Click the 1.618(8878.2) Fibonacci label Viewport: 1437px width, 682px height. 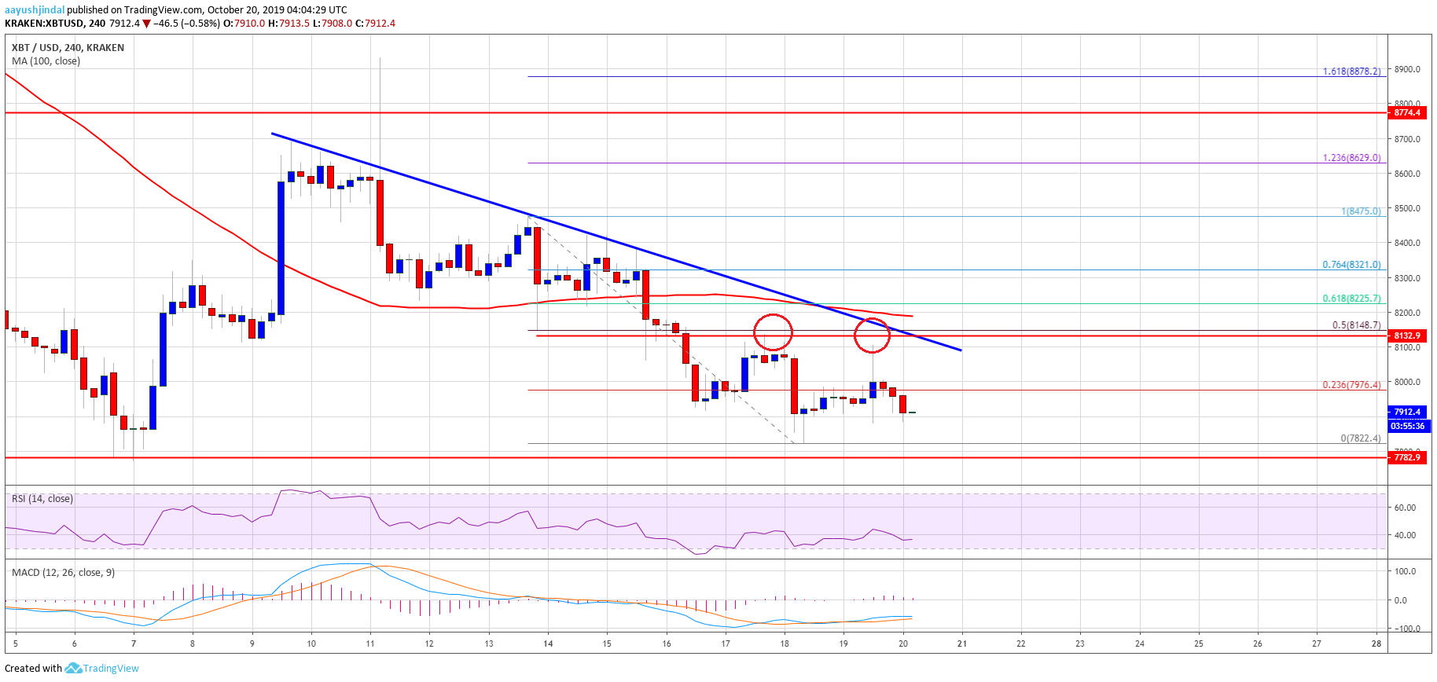coord(1351,71)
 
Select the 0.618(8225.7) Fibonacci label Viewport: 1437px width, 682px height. coord(1351,299)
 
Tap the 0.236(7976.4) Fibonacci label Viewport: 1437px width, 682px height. coord(1351,385)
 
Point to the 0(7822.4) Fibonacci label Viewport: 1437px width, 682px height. coord(1360,438)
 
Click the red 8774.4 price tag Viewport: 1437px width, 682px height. coord(1407,112)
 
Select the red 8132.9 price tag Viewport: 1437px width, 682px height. coord(1407,335)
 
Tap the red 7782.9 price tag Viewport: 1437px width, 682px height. coord(1407,456)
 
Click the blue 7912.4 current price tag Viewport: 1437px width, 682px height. coord(1407,412)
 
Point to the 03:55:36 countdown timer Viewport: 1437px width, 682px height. coord(1407,426)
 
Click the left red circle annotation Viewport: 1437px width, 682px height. coord(773,332)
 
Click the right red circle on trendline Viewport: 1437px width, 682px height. coord(872,335)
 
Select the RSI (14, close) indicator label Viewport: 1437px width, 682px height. coord(42,499)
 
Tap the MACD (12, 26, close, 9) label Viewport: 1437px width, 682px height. coord(63,572)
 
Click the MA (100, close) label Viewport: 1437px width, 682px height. coord(46,61)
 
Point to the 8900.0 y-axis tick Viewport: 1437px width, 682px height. coord(1406,69)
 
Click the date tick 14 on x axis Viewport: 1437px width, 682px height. coord(548,643)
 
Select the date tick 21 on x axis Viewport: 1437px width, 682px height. coord(961,643)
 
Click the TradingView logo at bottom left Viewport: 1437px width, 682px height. coord(102,669)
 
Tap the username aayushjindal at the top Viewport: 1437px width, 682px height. coord(35,10)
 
